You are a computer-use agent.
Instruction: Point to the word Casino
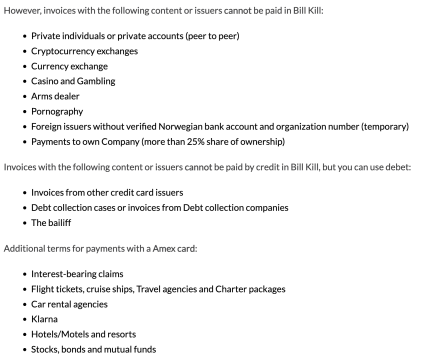(44, 81)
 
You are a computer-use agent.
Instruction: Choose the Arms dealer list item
(55, 96)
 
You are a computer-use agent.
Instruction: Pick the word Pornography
(57, 111)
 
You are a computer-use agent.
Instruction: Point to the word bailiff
(59, 223)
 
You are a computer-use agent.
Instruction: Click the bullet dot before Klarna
(24, 319)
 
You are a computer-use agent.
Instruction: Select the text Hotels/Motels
(58, 334)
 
